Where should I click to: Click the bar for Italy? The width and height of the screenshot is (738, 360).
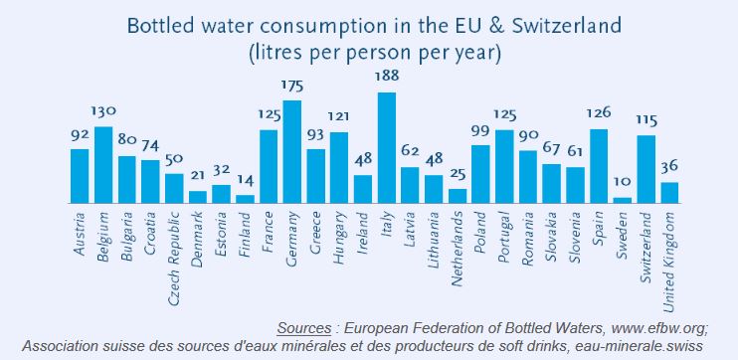[x=387, y=148]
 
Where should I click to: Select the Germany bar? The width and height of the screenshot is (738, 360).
[x=291, y=151]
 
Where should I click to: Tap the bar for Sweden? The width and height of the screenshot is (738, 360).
[x=623, y=201]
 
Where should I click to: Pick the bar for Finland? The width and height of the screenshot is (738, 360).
[x=245, y=199]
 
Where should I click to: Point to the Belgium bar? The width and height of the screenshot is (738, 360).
[x=103, y=165]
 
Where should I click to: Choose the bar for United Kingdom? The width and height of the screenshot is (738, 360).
[x=669, y=193]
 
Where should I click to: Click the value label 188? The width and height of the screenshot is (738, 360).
[x=387, y=76]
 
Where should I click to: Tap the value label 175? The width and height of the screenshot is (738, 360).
[x=292, y=87]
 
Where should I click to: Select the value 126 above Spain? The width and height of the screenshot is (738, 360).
[x=599, y=113]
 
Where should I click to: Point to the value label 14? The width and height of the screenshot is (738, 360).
[x=246, y=179]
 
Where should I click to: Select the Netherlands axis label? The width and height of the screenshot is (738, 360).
[x=457, y=249]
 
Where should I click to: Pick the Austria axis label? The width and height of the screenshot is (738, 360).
[x=80, y=235]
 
